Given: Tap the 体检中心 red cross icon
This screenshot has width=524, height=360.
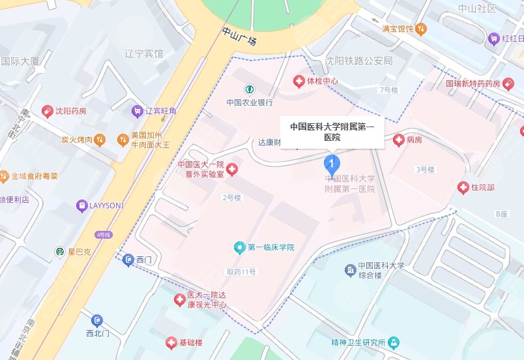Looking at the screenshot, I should pyautogui.click(x=299, y=81).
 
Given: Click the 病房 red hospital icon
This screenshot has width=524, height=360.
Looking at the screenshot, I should pyautogui.click(x=398, y=140).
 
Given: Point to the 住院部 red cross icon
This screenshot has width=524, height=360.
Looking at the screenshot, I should pyautogui.click(x=463, y=188).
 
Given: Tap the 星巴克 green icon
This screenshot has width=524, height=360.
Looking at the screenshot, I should pyautogui.click(x=60, y=251).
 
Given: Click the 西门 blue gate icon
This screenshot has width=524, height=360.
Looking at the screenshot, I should pyautogui.click(x=128, y=260).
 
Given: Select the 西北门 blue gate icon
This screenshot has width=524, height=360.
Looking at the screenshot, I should pyautogui.click(x=96, y=320).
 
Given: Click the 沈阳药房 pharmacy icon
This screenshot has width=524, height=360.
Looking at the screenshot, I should pyautogui.click(x=48, y=112).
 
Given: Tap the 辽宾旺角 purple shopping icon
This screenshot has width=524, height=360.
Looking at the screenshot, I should pyautogui.click(x=137, y=111).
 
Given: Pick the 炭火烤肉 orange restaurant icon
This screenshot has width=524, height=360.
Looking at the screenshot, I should pyautogui.click(x=98, y=139).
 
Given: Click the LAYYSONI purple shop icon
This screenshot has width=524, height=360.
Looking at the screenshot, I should pyautogui.click(x=81, y=205).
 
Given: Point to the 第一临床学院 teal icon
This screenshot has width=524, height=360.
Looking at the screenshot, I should pyautogui.click(x=239, y=247).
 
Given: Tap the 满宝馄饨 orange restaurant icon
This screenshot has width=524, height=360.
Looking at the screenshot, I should pyautogui.click(x=422, y=29).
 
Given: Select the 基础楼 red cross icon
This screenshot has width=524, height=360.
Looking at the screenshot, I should pyautogui.click(x=171, y=342).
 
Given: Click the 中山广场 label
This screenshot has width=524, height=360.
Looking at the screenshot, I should pyautogui.click(x=239, y=37).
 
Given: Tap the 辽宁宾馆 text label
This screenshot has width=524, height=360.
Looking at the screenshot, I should pyautogui.click(x=144, y=53).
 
